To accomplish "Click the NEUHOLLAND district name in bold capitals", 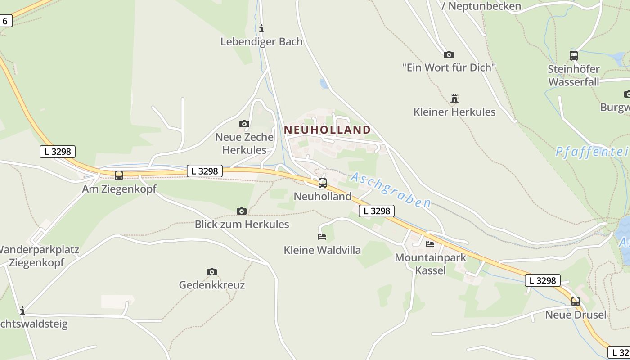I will (x=328, y=130).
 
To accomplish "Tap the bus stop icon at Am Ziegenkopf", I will (x=119, y=175).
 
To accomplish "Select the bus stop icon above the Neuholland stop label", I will (x=322, y=183).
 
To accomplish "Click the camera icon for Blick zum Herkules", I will (x=242, y=211).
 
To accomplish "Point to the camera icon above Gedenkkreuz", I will (x=212, y=272).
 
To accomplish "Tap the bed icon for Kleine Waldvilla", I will (x=322, y=236).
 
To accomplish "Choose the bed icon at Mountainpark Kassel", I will (x=430, y=244).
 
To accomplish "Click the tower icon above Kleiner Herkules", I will (x=454, y=98).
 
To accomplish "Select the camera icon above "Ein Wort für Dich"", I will (x=449, y=54).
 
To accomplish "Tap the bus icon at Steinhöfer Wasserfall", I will (x=574, y=56).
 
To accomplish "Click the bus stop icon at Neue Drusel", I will (x=576, y=301).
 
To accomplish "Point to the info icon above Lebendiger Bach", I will (x=261, y=29).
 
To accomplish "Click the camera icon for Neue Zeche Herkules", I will (x=244, y=124).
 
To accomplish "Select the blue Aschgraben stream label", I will (x=390, y=190).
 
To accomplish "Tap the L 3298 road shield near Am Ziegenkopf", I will (x=57, y=151).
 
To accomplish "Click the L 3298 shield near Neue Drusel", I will (x=543, y=280).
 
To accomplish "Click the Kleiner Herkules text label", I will (x=454, y=112).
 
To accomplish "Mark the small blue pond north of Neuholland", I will (x=324, y=83).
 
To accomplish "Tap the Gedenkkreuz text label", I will (x=212, y=285).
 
